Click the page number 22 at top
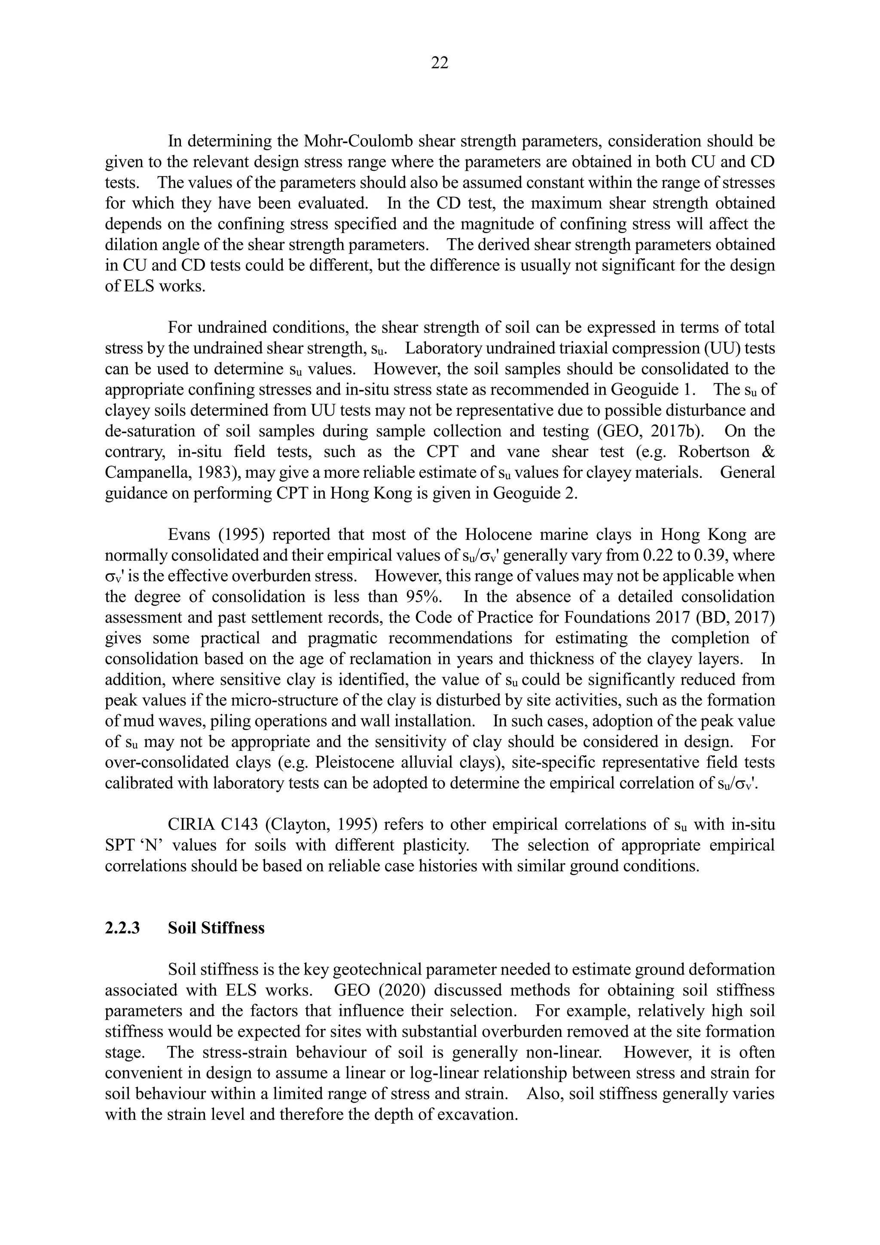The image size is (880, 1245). pos(440,64)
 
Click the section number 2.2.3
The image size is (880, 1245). pos(122,928)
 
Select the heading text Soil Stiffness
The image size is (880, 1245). pos(216,928)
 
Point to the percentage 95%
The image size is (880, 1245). pos(424,597)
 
